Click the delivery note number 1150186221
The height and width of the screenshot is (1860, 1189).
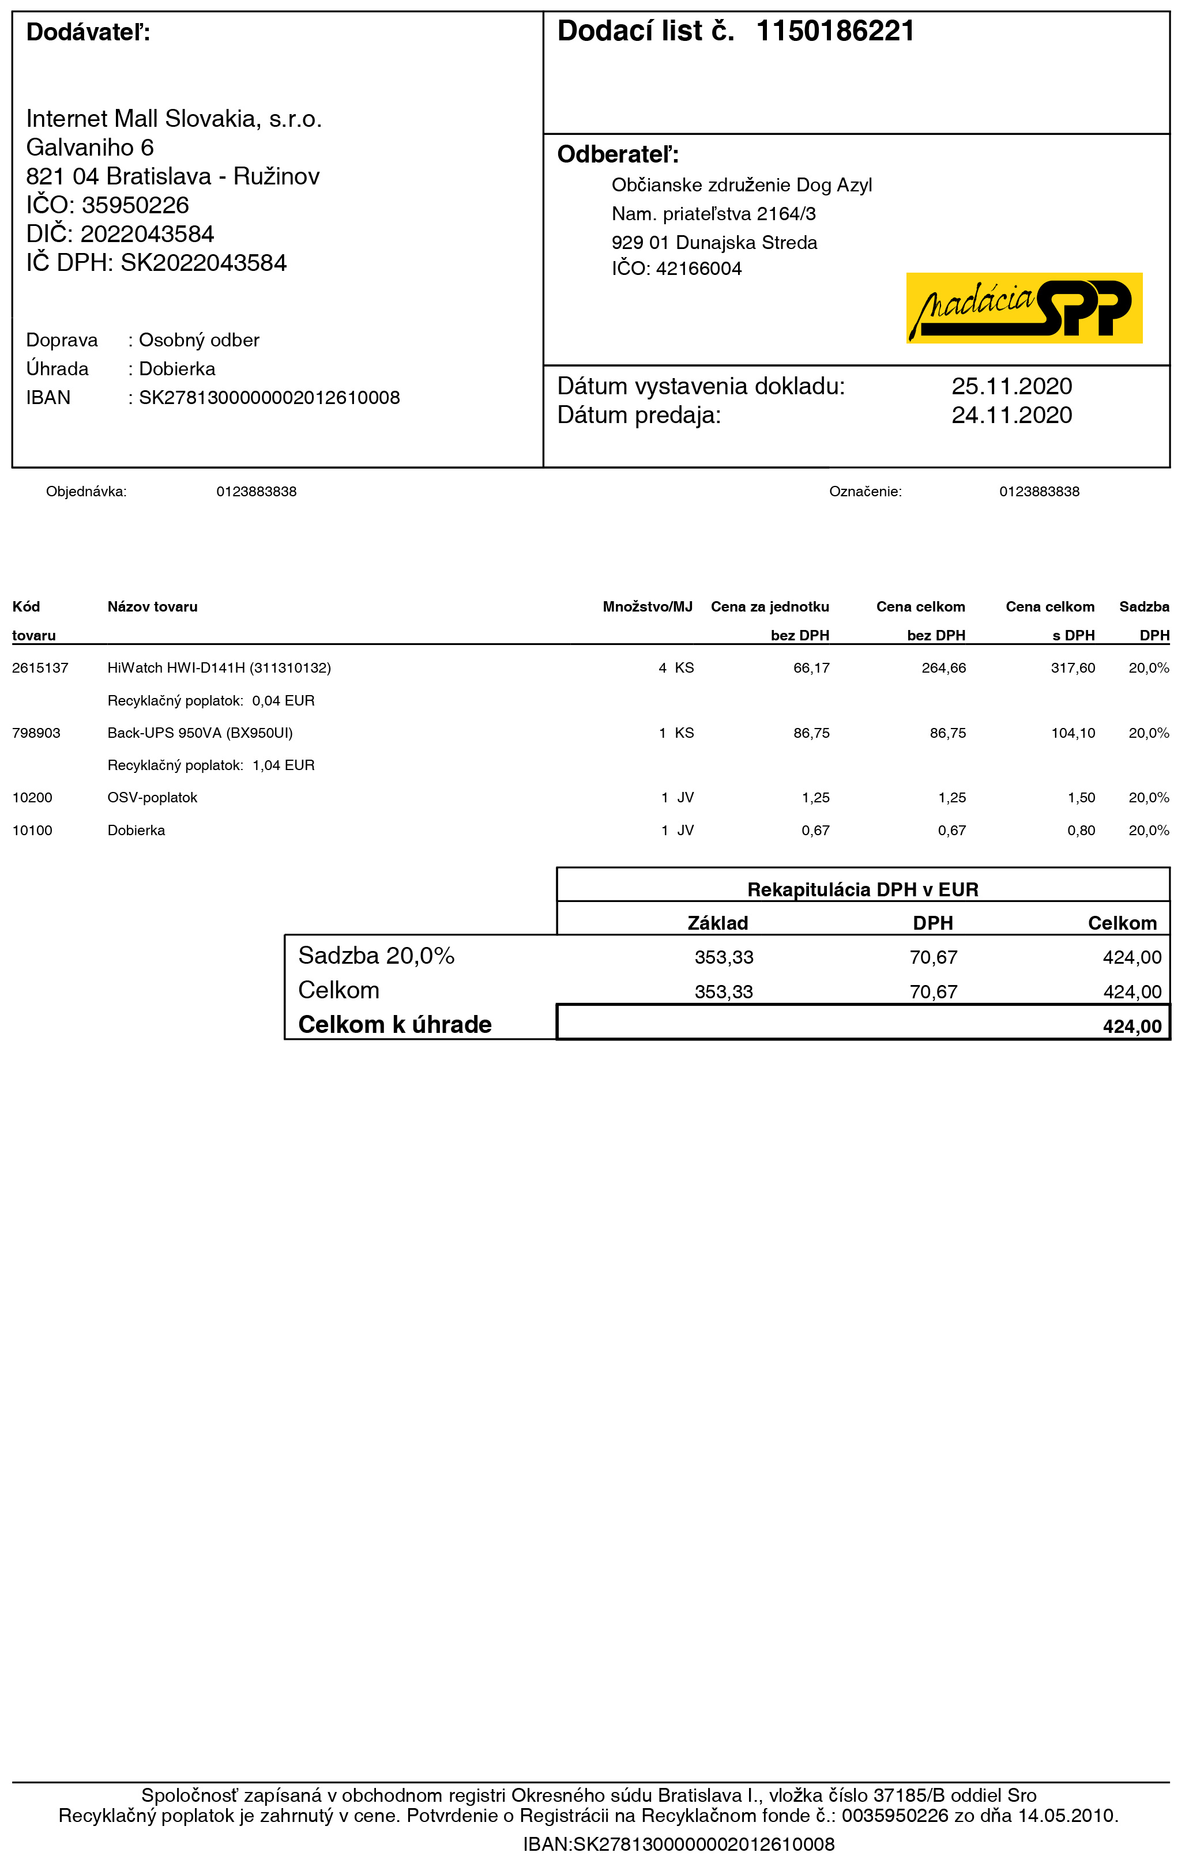pyautogui.click(x=834, y=32)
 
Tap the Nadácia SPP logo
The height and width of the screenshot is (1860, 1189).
pyautogui.click(x=1024, y=307)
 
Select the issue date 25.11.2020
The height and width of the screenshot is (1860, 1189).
pyautogui.click(x=1011, y=386)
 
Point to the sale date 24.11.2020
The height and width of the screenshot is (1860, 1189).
pyautogui.click(x=1011, y=416)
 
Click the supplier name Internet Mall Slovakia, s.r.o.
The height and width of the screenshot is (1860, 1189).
pyautogui.click(x=174, y=119)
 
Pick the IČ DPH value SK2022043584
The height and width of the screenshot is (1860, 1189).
pyautogui.click(x=203, y=263)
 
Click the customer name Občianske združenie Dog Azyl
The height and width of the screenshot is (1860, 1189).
pyautogui.click(x=741, y=186)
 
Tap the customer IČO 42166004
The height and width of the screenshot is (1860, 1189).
pyautogui.click(x=698, y=269)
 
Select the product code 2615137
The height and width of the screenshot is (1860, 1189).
pyautogui.click(x=40, y=668)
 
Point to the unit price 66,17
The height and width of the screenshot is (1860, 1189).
pyautogui.click(x=811, y=668)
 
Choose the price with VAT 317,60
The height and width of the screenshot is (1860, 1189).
pyautogui.click(x=1073, y=668)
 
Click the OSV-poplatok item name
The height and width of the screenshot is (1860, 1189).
pyautogui.click(x=152, y=798)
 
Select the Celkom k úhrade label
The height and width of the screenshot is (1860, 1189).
pyautogui.click(x=395, y=1025)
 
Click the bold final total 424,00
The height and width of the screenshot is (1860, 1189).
pyautogui.click(x=1132, y=1027)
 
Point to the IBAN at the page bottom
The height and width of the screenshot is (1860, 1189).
pyautogui.click(x=678, y=1844)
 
